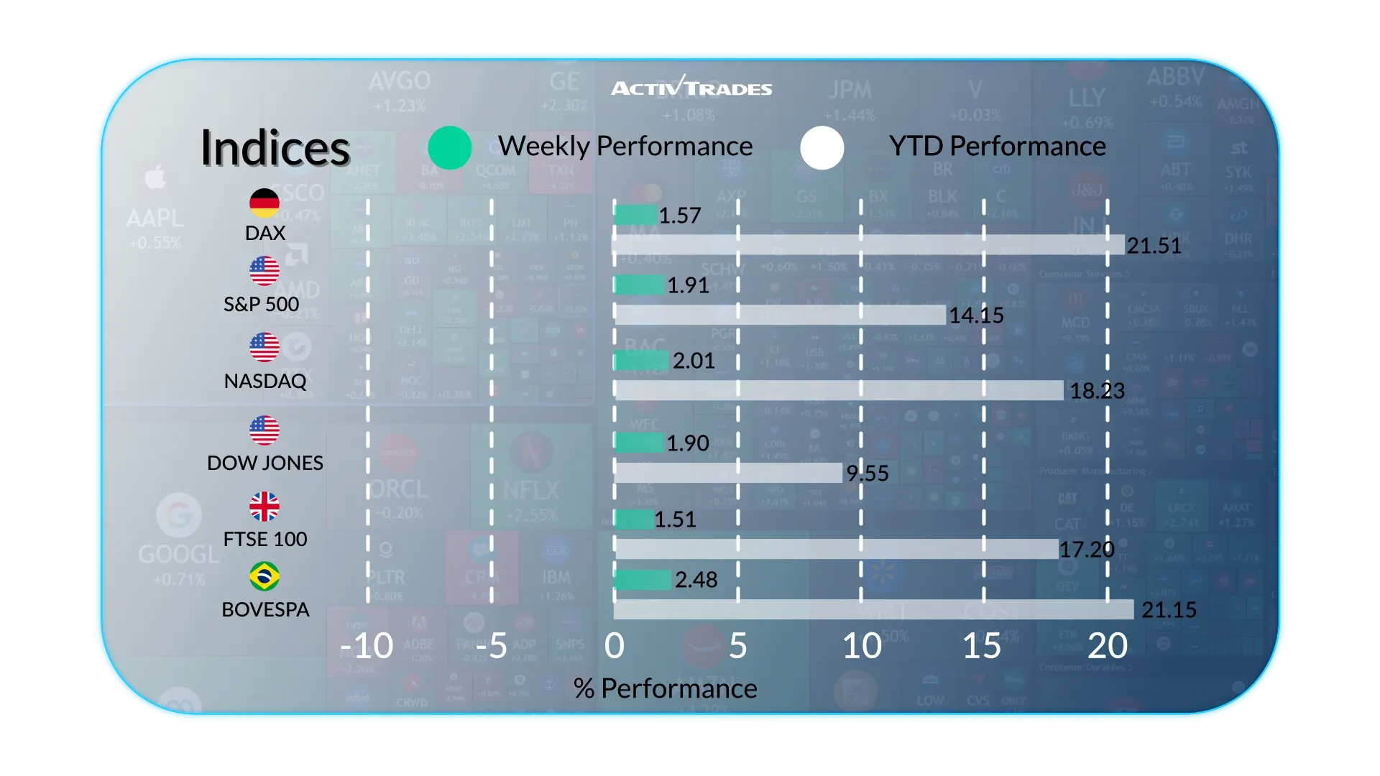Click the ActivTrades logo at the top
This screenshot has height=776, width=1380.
coord(691,87)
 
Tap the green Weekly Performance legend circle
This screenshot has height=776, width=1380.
coord(450,148)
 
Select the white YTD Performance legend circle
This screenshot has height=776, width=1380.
coord(822,148)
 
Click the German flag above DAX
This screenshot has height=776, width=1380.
coord(264,203)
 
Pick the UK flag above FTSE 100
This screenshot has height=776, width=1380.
coord(264,507)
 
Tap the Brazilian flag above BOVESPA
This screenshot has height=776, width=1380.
coord(264,576)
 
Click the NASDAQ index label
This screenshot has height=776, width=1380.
coord(265,381)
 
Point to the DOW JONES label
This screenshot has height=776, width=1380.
coord(265,463)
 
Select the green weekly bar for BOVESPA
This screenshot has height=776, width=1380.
coord(643,579)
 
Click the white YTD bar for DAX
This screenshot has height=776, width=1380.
coord(868,245)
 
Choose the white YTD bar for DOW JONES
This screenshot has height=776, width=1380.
coord(728,473)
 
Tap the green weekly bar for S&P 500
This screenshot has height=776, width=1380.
coord(639,285)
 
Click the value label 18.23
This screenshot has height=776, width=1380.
coord(1097,391)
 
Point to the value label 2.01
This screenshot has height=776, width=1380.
coord(694,361)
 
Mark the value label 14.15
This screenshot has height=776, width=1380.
coord(976,315)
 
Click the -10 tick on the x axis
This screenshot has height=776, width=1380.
coord(367,646)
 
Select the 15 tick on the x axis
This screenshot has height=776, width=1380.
coord(982,646)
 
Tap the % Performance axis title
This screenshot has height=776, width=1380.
coord(665,688)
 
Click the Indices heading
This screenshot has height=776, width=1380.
coord(275,148)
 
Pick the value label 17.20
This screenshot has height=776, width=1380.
coord(1086,550)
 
